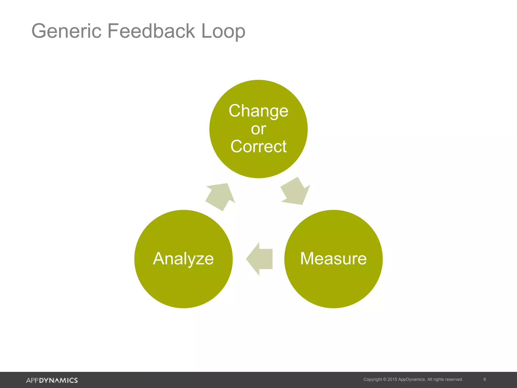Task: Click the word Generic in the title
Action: (x=66, y=31)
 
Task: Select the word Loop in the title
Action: (x=223, y=32)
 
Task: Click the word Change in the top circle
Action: (x=258, y=111)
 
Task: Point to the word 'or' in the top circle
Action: (x=258, y=129)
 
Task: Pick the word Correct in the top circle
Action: (x=258, y=147)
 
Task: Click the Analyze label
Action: (x=183, y=259)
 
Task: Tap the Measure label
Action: (x=333, y=259)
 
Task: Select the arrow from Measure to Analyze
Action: (x=260, y=259)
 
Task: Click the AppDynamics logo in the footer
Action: (x=52, y=380)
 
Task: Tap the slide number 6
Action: (x=484, y=379)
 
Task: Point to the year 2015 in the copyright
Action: (x=392, y=379)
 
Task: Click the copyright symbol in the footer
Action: (x=385, y=379)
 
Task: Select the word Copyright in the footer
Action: (x=373, y=379)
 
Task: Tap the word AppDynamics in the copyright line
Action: (x=412, y=379)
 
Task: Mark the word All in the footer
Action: (x=430, y=379)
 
